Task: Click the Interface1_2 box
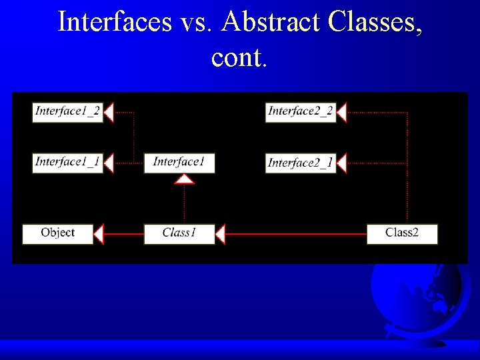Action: (67, 112)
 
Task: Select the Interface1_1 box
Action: (67, 163)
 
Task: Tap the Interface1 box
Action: (179, 163)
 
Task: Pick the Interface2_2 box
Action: (300, 112)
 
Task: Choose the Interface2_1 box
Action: (300, 163)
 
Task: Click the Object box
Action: (57, 234)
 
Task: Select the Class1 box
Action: (179, 234)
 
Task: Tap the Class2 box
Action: (402, 234)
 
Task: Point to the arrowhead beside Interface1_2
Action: (109, 112)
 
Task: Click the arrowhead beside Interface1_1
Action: (109, 163)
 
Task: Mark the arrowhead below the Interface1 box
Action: (185, 179)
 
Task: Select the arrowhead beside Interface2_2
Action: (341, 112)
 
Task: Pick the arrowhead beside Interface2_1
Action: (341, 163)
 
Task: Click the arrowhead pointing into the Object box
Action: (99, 234)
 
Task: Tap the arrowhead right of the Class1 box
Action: (221, 234)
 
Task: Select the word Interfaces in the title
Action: (114, 21)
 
